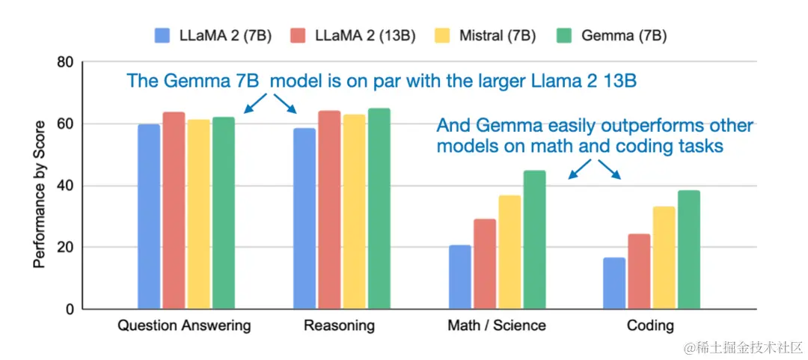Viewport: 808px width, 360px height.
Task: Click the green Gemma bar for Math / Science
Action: (x=534, y=240)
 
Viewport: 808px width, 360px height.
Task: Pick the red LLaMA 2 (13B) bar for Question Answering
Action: (x=174, y=210)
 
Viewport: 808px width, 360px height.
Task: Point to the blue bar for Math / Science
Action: (x=460, y=277)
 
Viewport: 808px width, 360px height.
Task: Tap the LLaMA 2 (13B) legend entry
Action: (x=355, y=35)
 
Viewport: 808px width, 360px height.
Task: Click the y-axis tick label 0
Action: (x=69, y=309)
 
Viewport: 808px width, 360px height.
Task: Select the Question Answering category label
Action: (x=184, y=326)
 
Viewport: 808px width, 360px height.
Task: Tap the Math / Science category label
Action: (x=497, y=326)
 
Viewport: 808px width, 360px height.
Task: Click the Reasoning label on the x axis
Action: (x=339, y=326)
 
